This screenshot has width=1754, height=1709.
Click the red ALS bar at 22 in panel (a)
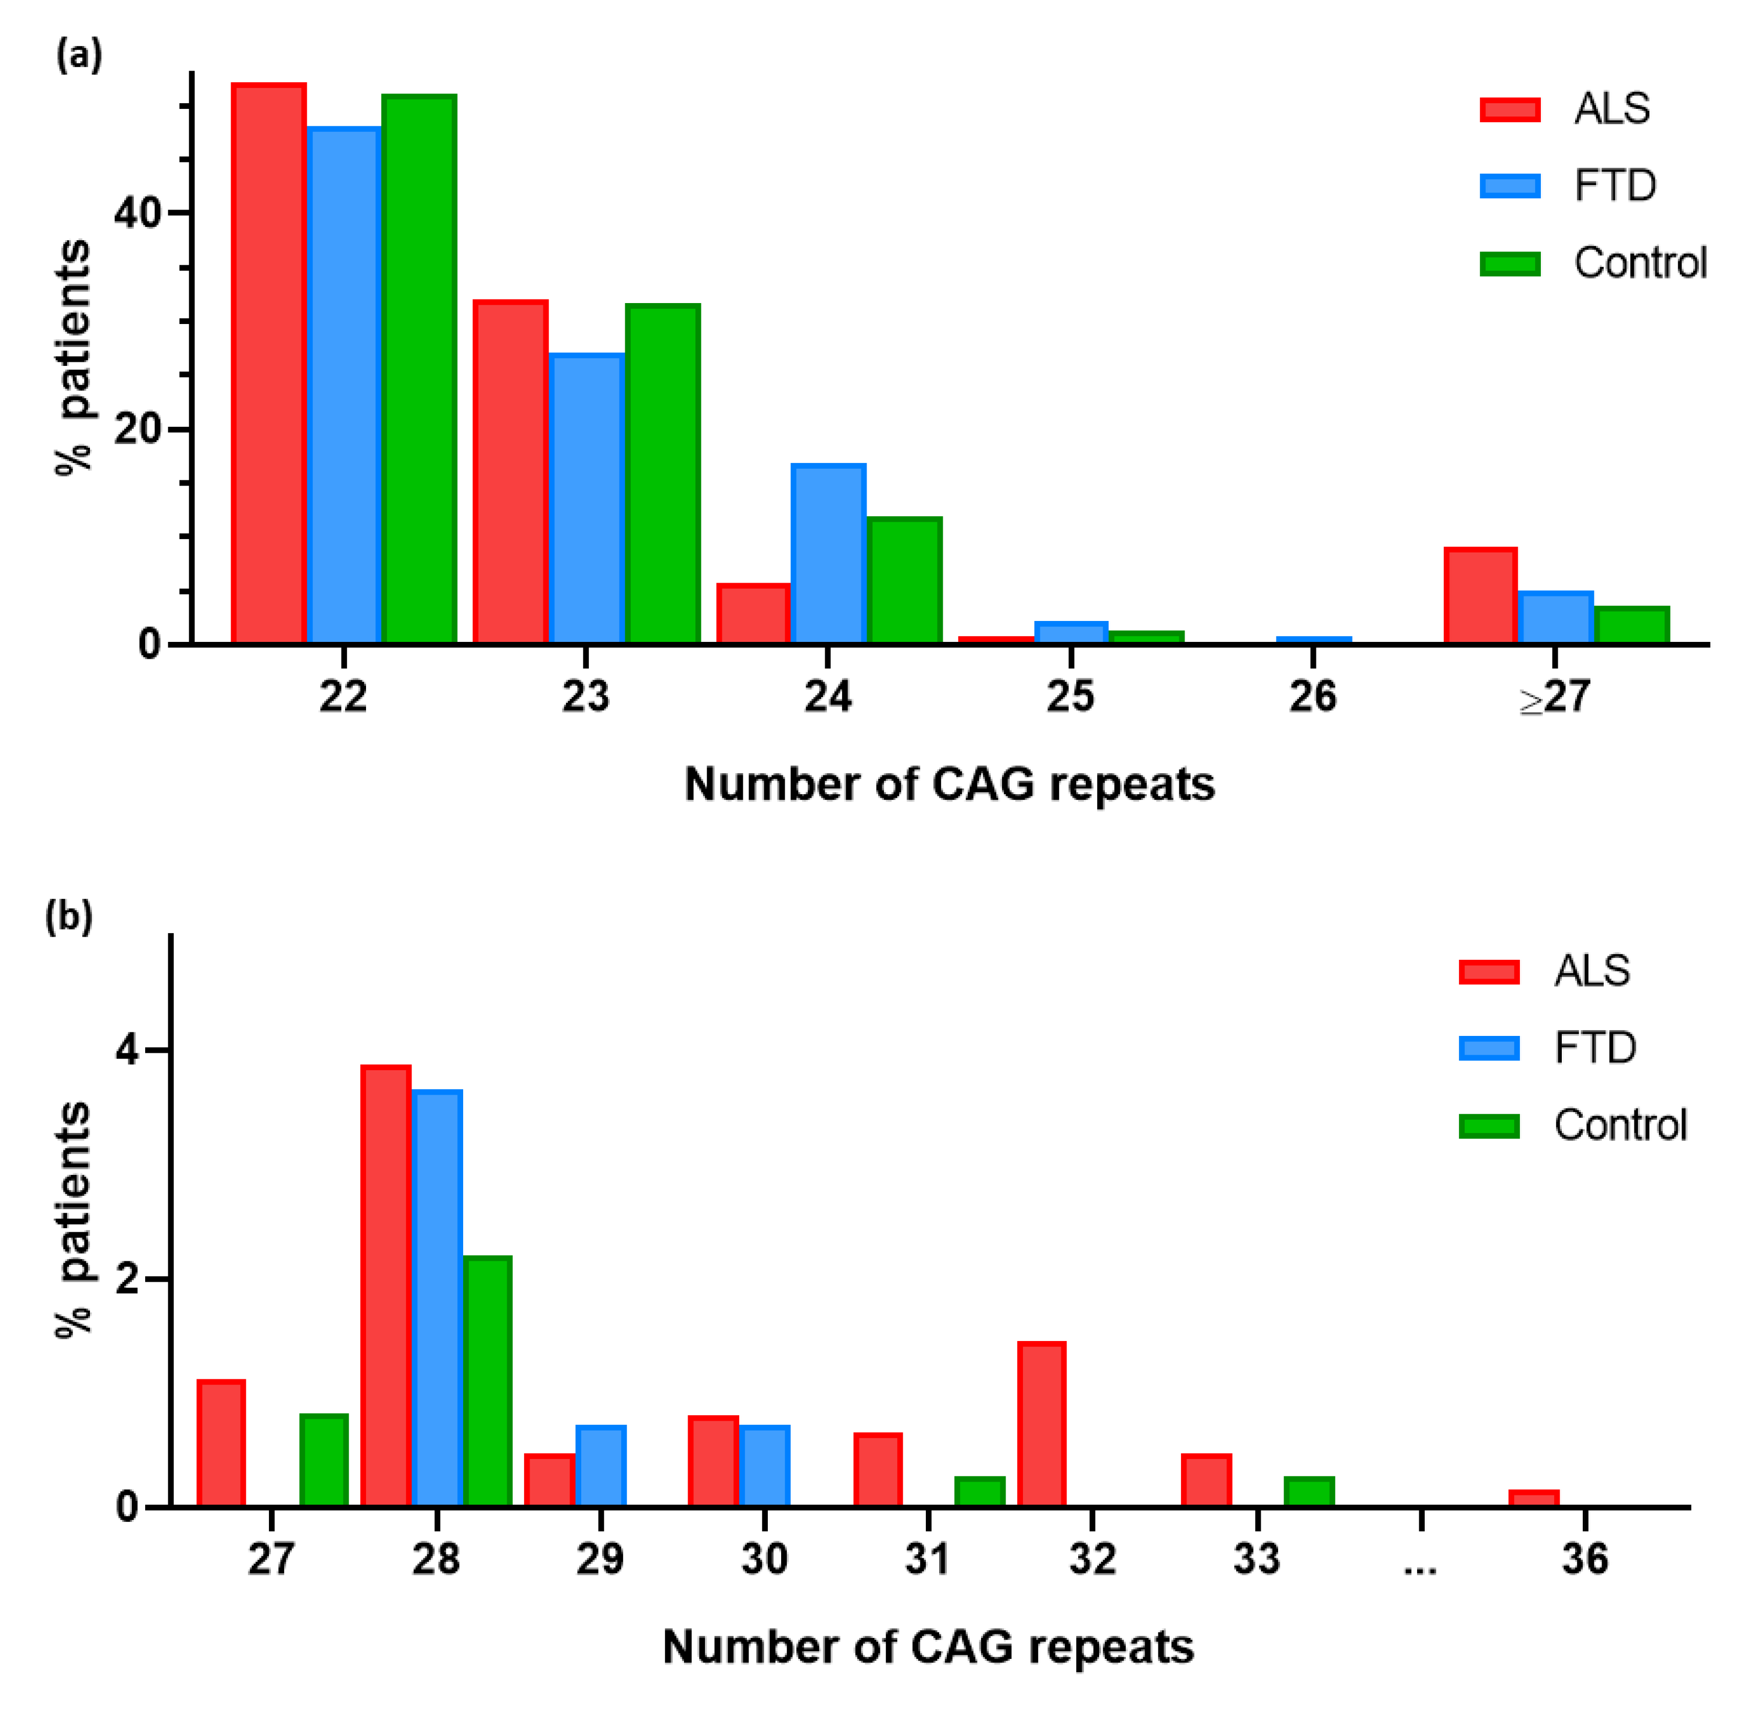[x=268, y=363]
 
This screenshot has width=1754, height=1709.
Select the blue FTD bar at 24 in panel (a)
[x=828, y=554]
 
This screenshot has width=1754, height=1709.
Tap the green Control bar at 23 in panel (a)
[x=663, y=474]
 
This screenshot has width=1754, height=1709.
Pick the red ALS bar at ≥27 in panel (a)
[x=1479, y=596]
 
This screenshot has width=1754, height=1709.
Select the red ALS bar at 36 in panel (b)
[x=1533, y=1498]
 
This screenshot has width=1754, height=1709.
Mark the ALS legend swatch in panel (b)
[x=1488, y=972]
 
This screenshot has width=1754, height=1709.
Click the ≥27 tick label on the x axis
[x=1554, y=697]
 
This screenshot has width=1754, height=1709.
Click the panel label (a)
[x=79, y=56]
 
